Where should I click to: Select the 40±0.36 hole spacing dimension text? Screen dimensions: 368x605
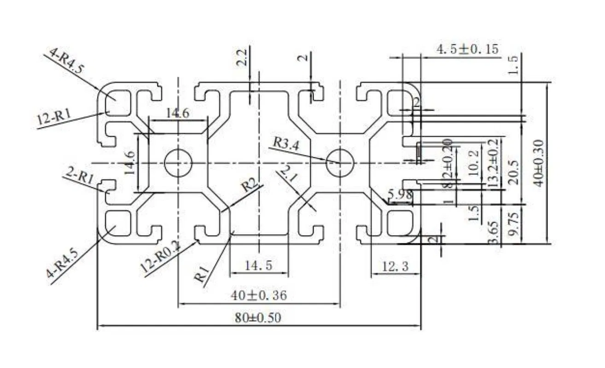coord(258,295)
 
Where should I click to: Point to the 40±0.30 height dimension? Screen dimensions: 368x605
coord(539,162)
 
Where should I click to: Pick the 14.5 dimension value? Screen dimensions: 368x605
coord(258,265)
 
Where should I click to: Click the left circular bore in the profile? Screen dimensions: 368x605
coord(178,163)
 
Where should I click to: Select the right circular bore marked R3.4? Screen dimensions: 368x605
coord(340,163)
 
